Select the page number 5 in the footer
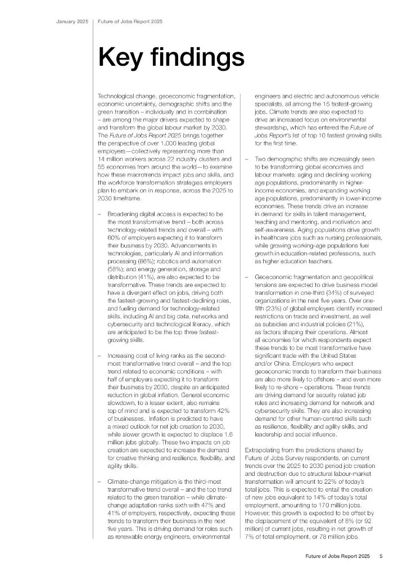(381, 557)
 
